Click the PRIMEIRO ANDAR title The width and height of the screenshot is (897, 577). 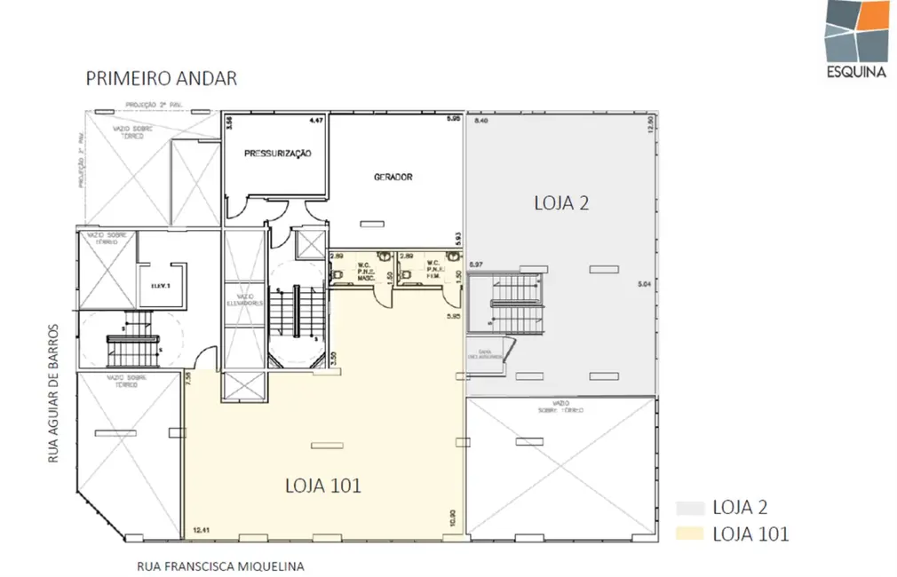pyautogui.click(x=161, y=78)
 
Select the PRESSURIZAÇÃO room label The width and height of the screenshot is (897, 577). pyautogui.click(x=277, y=154)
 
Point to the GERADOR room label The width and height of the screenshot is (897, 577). pyautogui.click(x=393, y=177)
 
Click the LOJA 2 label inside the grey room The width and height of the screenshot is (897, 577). pyautogui.click(x=561, y=202)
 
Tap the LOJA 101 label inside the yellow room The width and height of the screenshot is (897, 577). pyautogui.click(x=322, y=486)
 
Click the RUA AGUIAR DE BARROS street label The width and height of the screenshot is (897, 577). pyautogui.click(x=53, y=391)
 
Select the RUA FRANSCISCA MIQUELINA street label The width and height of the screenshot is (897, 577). pyautogui.click(x=220, y=565)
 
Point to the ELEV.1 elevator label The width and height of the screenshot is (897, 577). pyautogui.click(x=160, y=285)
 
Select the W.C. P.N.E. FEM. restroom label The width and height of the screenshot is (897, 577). pyautogui.click(x=433, y=270)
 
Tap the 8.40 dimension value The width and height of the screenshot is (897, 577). pyautogui.click(x=481, y=120)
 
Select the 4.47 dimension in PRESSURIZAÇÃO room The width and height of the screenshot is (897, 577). pyautogui.click(x=314, y=119)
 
